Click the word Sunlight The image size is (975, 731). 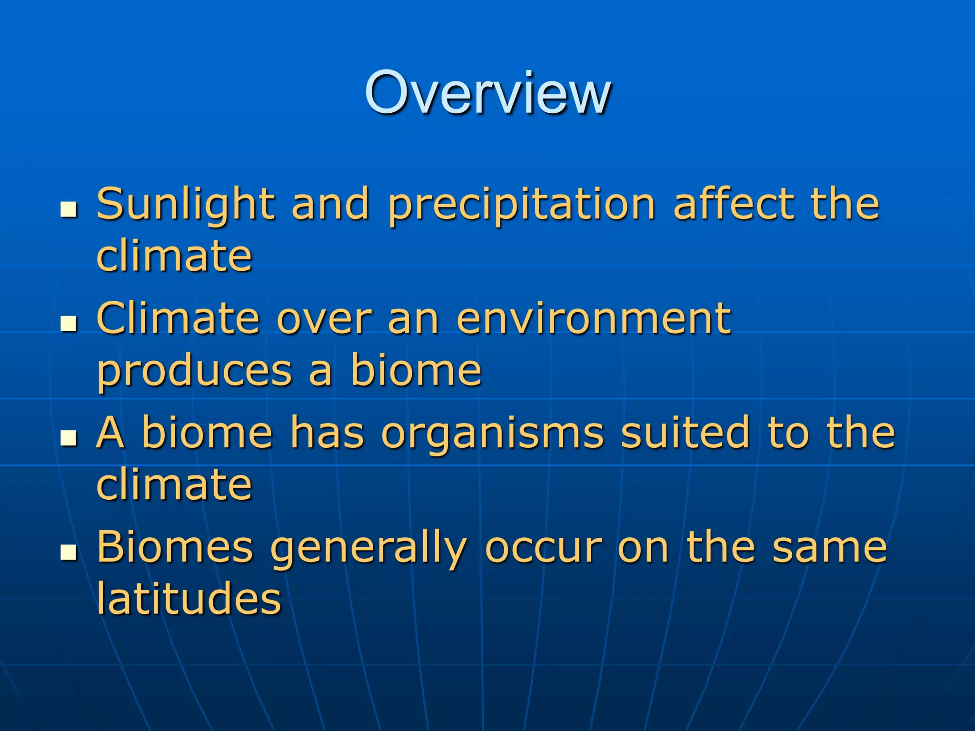tap(186, 205)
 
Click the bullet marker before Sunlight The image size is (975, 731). tap(69, 209)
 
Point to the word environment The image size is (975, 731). tap(593, 318)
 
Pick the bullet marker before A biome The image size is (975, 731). tap(69, 438)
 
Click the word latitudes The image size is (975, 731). tap(189, 598)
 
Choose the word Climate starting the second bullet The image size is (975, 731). tap(178, 318)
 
